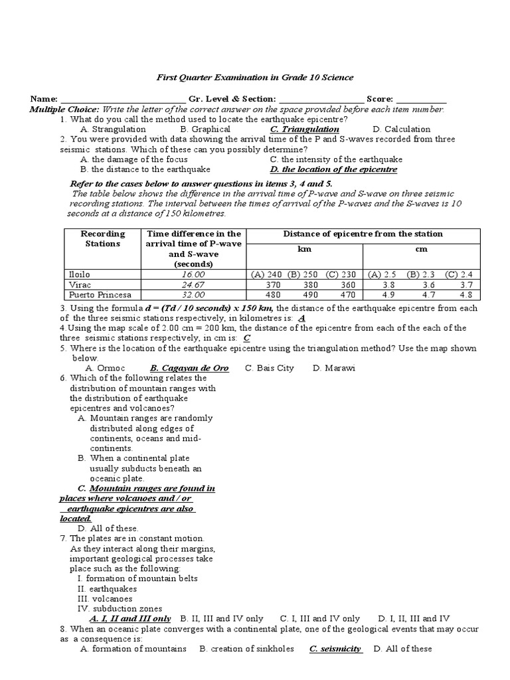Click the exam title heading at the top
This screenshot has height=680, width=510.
(x=255, y=78)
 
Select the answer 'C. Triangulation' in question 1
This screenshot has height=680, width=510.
(x=305, y=129)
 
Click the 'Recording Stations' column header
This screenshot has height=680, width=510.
(x=103, y=238)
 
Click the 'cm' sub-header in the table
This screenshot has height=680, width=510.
(x=422, y=249)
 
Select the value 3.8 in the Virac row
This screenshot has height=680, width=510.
(x=389, y=284)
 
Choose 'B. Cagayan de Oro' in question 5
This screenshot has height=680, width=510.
(x=189, y=368)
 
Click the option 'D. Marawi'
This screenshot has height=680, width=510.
(x=333, y=368)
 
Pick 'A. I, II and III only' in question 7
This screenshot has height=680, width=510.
(x=130, y=618)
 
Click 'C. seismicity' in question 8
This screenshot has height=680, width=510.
(x=335, y=649)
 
